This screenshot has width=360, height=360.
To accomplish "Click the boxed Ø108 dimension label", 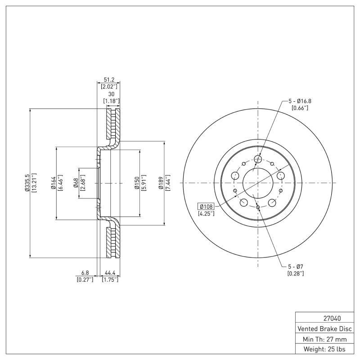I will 206,206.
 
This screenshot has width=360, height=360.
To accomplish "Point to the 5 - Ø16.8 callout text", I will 300,101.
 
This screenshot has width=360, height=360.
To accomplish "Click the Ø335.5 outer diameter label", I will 27,183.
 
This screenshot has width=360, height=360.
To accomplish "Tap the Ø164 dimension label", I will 53,183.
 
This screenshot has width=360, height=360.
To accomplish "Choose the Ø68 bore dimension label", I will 76,183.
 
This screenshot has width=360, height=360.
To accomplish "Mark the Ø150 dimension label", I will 135,183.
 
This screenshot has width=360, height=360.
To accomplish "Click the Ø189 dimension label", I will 161,183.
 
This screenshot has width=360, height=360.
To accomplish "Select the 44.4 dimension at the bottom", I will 110,273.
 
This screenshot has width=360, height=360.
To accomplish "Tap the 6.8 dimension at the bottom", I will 85,273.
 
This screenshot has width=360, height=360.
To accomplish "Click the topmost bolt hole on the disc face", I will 258,159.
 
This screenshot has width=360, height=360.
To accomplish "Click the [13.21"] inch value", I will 34,183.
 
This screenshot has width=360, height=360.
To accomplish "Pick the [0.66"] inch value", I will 300,108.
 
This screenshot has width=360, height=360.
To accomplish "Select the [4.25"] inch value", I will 206,213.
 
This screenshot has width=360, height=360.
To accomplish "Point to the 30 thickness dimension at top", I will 111,94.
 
